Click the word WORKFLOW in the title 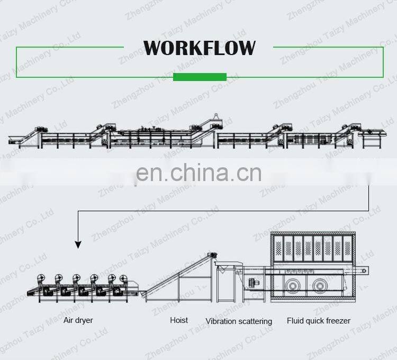[x=199, y=48]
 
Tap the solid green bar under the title [x=200, y=77]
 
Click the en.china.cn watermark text [x=198, y=173]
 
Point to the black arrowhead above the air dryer [x=78, y=244]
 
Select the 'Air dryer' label [x=78, y=320]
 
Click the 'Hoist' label [x=179, y=320]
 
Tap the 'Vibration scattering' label [x=239, y=321]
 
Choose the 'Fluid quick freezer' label [x=319, y=321]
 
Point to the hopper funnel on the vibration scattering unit [x=227, y=264]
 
